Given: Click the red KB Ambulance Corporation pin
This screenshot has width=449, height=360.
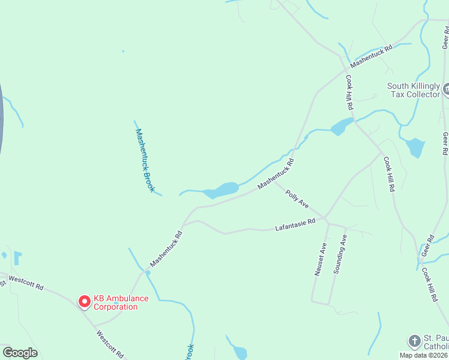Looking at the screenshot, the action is click(x=85, y=301).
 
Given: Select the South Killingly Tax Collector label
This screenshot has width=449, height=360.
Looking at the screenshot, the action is click(x=413, y=91).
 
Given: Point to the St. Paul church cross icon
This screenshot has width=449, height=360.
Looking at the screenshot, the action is click(x=414, y=341).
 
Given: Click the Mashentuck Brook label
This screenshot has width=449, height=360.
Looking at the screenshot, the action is click(x=145, y=160).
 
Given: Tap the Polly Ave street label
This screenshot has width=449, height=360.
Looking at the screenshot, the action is click(x=297, y=200).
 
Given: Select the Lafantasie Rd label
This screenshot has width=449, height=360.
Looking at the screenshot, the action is click(x=295, y=225).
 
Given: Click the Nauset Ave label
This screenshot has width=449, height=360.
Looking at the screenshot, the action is click(x=320, y=259).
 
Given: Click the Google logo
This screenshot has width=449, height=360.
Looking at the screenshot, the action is click(x=20, y=353).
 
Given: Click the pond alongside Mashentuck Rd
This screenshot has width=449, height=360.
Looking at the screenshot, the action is click(x=222, y=190).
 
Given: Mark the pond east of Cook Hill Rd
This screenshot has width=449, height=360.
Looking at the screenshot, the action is click(x=415, y=147).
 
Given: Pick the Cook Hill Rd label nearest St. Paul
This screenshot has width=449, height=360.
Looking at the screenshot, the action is click(x=429, y=284).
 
